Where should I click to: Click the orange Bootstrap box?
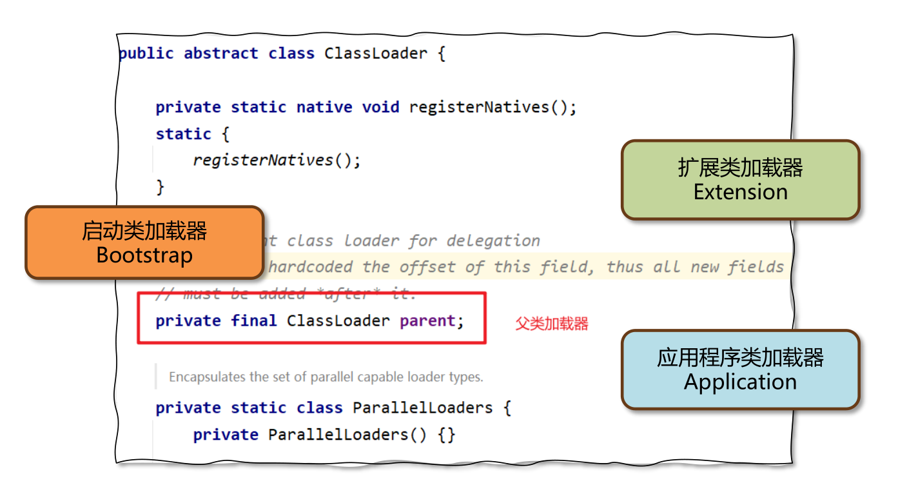[x=144, y=243]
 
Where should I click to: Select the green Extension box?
[x=740, y=180]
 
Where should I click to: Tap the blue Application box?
[x=740, y=370]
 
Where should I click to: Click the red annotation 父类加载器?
[x=551, y=324]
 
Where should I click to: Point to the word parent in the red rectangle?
[x=427, y=320]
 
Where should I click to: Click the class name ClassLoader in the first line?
[x=375, y=54]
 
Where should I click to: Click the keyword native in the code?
[x=324, y=107]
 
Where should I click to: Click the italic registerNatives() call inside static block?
[x=277, y=160]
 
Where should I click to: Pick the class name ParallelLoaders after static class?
[x=422, y=408]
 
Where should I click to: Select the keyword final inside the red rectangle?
[x=253, y=320]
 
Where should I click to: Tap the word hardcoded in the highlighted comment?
[x=309, y=267]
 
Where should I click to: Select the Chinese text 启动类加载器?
[x=144, y=231]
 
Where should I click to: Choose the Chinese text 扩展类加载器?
[x=740, y=168]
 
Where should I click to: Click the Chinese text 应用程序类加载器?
[x=740, y=357]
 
